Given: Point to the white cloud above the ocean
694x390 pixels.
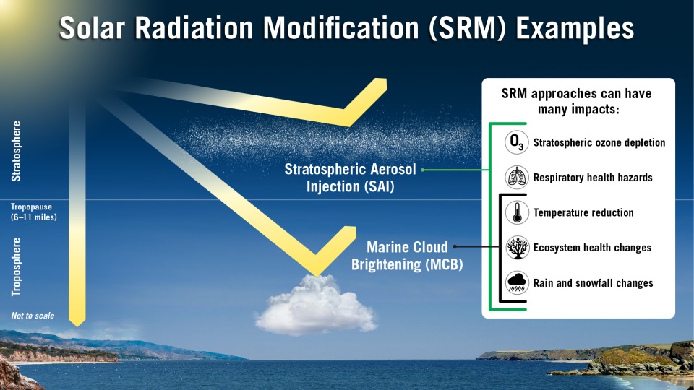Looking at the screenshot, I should (316, 303).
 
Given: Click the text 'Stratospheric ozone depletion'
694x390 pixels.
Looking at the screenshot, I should (599, 142).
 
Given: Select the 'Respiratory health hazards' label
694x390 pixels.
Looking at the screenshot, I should (593, 177).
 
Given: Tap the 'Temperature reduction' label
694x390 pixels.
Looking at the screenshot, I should (583, 212).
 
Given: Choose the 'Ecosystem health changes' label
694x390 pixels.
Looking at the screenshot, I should (592, 248).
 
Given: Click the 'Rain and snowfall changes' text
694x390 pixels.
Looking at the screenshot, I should (593, 283).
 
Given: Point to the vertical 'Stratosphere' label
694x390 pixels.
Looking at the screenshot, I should (17, 150).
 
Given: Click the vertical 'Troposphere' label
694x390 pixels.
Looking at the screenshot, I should (17, 266).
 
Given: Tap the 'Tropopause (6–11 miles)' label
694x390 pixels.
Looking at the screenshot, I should (33, 212).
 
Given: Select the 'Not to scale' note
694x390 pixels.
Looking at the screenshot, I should (33, 316).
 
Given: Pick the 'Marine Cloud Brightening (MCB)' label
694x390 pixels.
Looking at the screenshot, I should (407, 256).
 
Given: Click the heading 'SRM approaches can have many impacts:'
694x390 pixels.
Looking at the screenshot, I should (578, 101).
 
